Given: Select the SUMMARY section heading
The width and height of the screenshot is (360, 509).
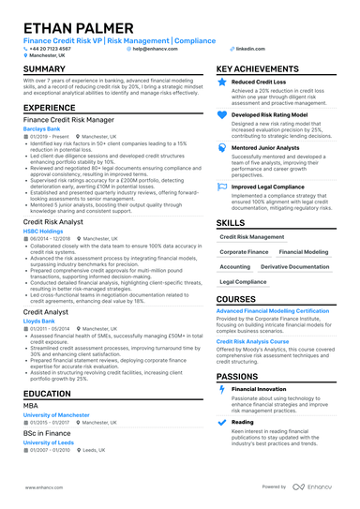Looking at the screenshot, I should pyautogui.click(x=44, y=70).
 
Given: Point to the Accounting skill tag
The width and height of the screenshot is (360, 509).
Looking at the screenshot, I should pyautogui.click(x=235, y=266).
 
